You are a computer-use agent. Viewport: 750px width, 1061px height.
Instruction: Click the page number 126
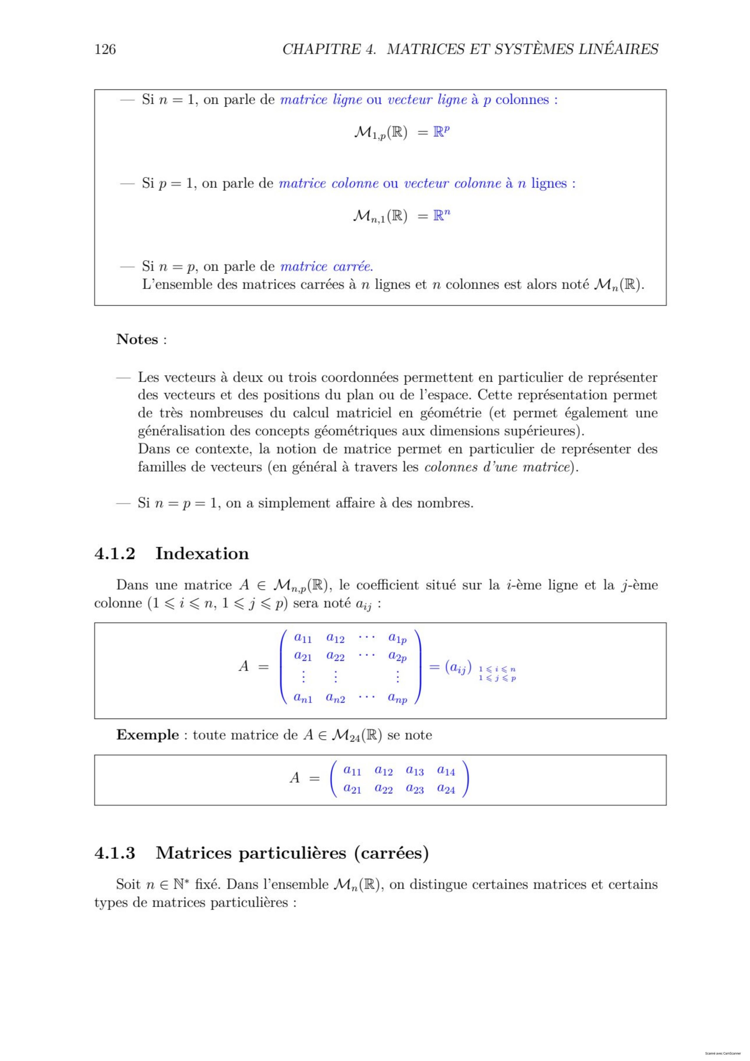click(105, 49)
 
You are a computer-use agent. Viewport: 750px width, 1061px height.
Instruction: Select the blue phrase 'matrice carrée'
click(326, 267)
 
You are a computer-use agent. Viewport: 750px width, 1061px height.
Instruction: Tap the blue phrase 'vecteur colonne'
click(453, 183)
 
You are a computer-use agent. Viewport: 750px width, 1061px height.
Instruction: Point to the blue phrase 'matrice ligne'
click(321, 100)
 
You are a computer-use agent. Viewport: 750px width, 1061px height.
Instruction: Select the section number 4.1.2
click(115, 553)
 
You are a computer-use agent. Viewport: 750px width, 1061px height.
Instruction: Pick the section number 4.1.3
click(115, 853)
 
